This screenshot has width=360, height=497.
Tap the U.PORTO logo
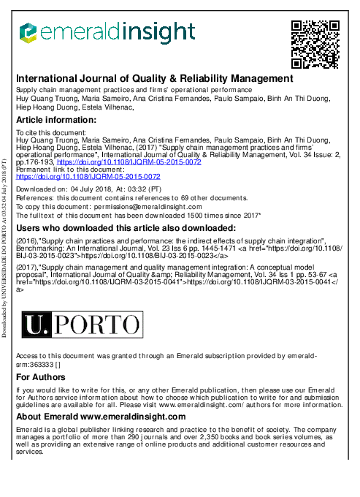(x=82, y=324)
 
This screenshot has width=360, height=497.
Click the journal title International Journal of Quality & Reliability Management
(x=154, y=78)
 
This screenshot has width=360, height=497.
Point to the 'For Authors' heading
(x=40, y=377)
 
